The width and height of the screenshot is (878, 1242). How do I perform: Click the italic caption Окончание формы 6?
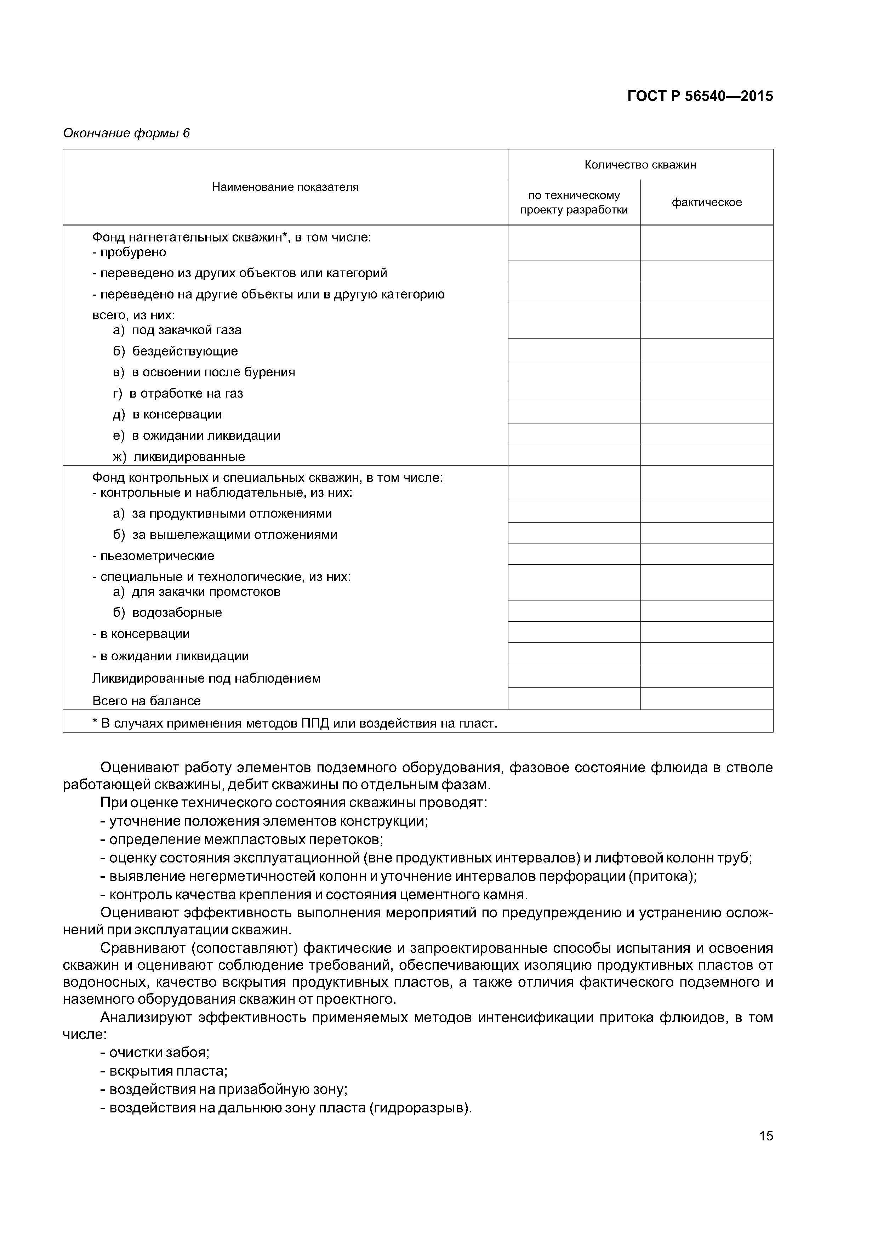(x=127, y=133)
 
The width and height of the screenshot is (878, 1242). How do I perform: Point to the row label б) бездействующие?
(x=175, y=351)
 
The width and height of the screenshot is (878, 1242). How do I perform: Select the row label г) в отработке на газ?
(x=178, y=393)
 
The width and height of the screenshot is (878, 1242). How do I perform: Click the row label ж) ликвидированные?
(x=178, y=457)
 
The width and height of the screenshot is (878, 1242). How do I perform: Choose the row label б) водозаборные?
(x=168, y=613)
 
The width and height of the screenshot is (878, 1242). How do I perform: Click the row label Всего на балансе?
(x=147, y=701)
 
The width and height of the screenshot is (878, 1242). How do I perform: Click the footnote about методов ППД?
(x=295, y=723)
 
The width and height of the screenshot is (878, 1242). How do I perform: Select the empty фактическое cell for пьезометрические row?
(x=707, y=554)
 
